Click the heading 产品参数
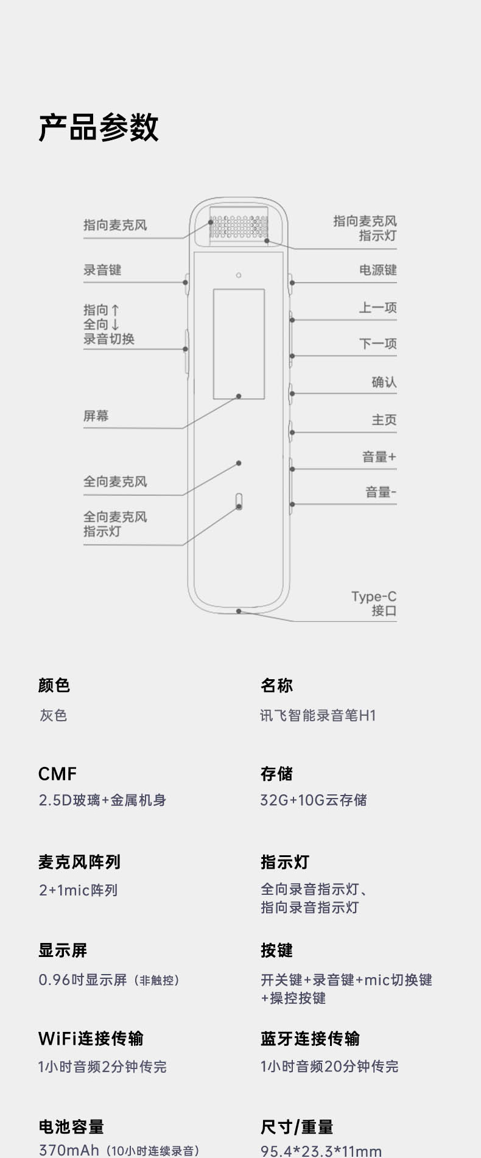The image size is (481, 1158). point(99,128)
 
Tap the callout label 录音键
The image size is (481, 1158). point(102,270)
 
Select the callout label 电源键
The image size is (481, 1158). point(377,270)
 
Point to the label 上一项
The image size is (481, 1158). point(377,308)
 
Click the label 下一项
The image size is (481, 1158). point(377,344)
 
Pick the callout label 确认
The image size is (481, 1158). point(384,382)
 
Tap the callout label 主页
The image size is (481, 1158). point(384,420)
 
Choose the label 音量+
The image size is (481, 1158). point(379,457)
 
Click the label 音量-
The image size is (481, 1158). point(381,492)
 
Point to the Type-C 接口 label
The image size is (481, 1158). point(374,603)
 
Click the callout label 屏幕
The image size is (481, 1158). point(96,416)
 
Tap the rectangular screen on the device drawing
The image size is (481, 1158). point(239,344)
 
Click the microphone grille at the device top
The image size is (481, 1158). point(239,226)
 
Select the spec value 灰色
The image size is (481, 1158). point(54,715)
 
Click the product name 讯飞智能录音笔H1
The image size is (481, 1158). point(318,715)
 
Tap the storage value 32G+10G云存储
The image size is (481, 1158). point(314,800)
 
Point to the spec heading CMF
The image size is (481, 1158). point(57,774)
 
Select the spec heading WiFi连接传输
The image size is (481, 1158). point(91,1038)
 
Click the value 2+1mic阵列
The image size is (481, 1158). point(78,890)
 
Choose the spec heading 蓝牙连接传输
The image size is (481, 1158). point(310,1038)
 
